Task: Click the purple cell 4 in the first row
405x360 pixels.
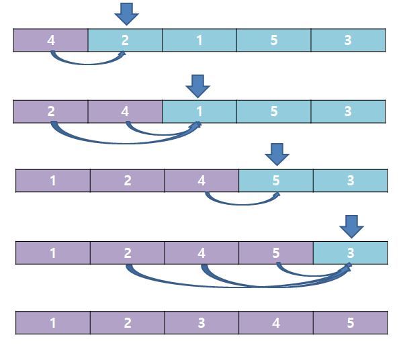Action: [x=51, y=40]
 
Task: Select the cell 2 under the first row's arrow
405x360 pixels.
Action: [x=125, y=40]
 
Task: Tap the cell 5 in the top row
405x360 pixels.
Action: [x=274, y=40]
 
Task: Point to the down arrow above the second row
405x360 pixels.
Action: [x=197, y=85]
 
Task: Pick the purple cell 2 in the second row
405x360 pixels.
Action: [x=51, y=111]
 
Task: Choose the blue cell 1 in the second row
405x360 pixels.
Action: [x=199, y=111]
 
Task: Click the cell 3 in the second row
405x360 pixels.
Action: [x=348, y=111]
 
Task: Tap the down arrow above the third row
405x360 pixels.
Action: [x=276, y=154]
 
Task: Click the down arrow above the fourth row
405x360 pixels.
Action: [x=351, y=226]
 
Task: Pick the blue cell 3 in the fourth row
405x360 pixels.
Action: [x=351, y=253]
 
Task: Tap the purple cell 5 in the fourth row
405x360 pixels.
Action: [x=276, y=253]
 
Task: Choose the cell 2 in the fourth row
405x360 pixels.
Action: [x=128, y=253]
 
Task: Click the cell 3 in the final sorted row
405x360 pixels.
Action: [x=201, y=323]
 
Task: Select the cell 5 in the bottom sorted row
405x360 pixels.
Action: [x=351, y=323]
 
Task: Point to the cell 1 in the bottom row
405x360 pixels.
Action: [x=53, y=323]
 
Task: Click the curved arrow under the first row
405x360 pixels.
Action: [x=87, y=63]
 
